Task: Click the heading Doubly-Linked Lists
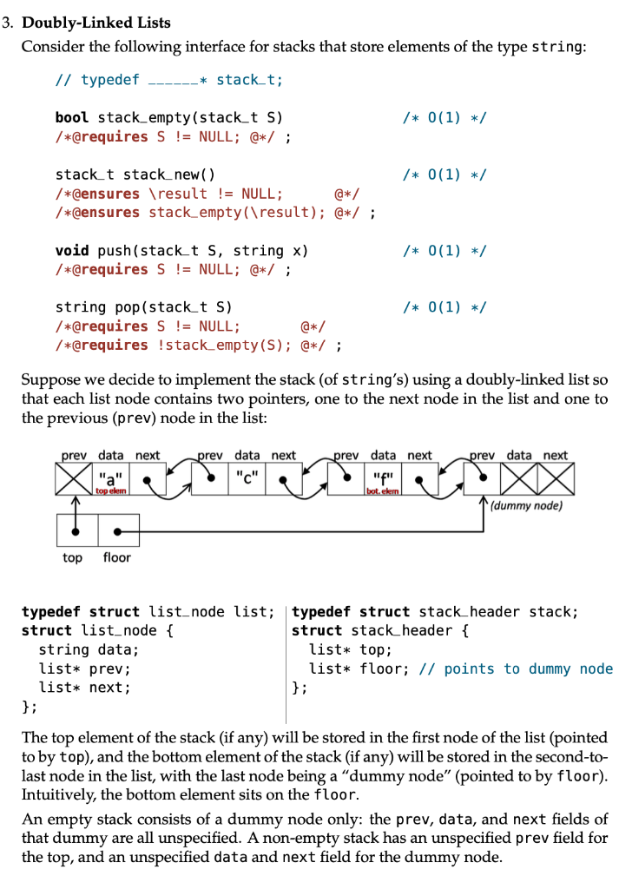pyautogui.click(x=96, y=23)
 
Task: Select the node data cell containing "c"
pyautogui.click(x=247, y=477)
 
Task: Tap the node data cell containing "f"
pyautogui.click(x=383, y=477)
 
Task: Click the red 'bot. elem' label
pyautogui.click(x=383, y=491)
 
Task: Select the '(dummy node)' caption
pyautogui.click(x=527, y=505)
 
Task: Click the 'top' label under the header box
pyautogui.click(x=73, y=557)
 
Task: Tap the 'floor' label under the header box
pyautogui.click(x=116, y=557)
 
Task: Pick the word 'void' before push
pyautogui.click(x=72, y=251)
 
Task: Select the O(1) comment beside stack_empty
pyautogui.click(x=444, y=117)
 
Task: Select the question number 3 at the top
pyautogui.click(x=7, y=23)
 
